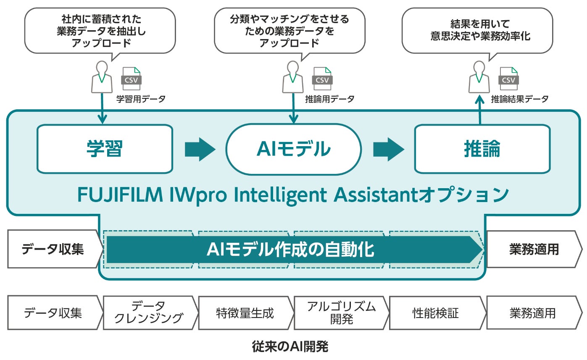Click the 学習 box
click(x=105, y=149)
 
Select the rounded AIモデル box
click(x=293, y=149)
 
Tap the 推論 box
click(x=482, y=149)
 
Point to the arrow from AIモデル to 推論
click(x=388, y=149)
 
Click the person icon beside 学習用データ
click(x=102, y=77)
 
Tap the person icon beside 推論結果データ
click(x=479, y=77)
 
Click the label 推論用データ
click(x=330, y=99)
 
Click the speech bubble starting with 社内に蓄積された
click(x=100, y=31)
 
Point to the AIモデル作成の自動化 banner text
click(x=290, y=250)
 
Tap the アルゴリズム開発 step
click(x=341, y=312)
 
